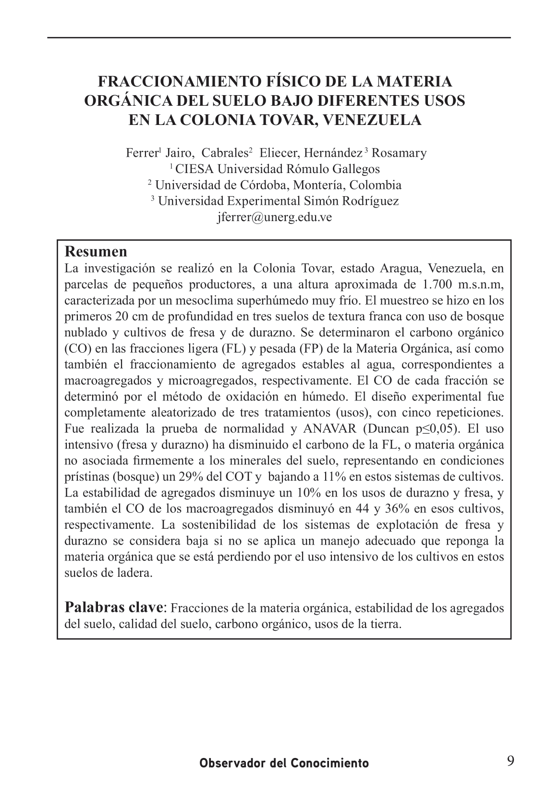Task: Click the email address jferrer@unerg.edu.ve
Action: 274,217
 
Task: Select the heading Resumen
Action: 96,251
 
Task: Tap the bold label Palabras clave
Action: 113,607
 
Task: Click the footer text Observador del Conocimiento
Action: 284,763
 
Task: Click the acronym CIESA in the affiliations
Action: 195,169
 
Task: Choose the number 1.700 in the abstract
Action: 436,285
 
